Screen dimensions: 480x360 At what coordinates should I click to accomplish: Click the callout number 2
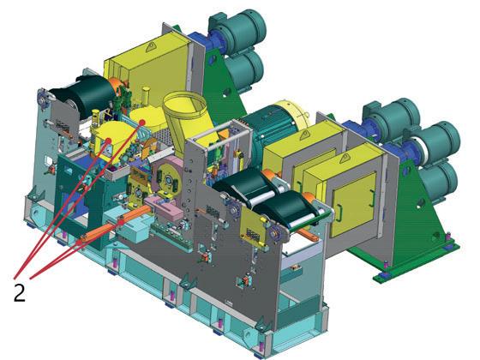point(19,292)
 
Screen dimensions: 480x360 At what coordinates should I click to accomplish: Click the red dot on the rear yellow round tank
point(142,122)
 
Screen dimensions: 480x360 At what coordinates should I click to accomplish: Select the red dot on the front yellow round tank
point(108,141)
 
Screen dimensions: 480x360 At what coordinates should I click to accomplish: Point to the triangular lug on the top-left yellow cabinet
point(151,47)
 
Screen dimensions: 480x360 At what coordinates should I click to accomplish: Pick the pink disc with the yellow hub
point(168,178)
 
